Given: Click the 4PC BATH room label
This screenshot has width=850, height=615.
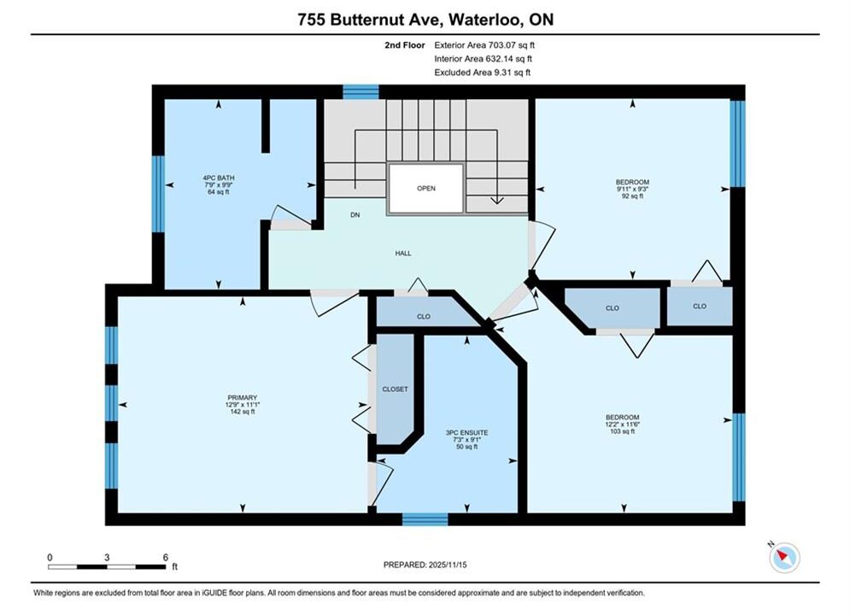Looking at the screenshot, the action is pyautogui.click(x=219, y=178).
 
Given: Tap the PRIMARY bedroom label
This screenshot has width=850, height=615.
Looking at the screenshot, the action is pyautogui.click(x=243, y=398).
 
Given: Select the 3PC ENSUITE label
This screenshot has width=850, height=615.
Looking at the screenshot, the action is pyautogui.click(x=466, y=432).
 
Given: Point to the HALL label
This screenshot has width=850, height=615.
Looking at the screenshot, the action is pyautogui.click(x=402, y=253).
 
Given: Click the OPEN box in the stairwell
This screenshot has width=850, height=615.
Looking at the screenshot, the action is pyautogui.click(x=426, y=188).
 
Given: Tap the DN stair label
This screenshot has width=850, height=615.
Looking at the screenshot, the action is pyautogui.click(x=355, y=215).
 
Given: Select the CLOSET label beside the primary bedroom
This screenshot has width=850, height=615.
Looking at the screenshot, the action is pyautogui.click(x=396, y=389).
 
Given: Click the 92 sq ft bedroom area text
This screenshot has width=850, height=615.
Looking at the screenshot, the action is pyautogui.click(x=632, y=196).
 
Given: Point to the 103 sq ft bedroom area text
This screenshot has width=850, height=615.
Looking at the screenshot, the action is pyautogui.click(x=622, y=431).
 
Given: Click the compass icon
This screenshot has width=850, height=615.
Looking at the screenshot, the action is pyautogui.click(x=784, y=557).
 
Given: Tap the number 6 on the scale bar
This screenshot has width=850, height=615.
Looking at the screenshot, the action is pyautogui.click(x=166, y=557).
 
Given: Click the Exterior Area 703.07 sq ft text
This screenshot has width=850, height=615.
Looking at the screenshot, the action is pyautogui.click(x=484, y=45).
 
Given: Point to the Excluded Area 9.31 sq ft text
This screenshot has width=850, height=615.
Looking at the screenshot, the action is pyautogui.click(x=483, y=72).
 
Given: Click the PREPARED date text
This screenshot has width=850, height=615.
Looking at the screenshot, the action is pyautogui.click(x=425, y=565).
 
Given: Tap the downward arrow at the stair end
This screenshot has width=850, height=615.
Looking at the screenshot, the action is pyautogui.click(x=496, y=200).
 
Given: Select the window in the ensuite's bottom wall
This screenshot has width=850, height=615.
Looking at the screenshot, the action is pyautogui.click(x=425, y=519).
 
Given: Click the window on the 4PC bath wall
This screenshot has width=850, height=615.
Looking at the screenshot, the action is pyautogui.click(x=158, y=193).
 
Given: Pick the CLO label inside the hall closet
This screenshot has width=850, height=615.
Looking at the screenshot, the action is pyautogui.click(x=424, y=316).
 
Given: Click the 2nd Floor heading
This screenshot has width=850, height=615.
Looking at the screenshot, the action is pyautogui.click(x=405, y=45).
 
